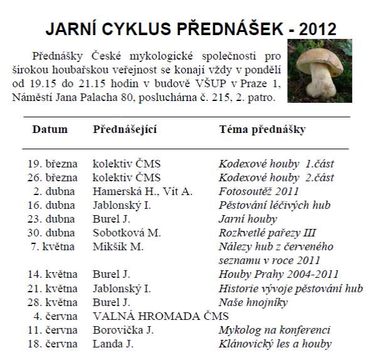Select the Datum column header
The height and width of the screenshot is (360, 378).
coord(50,129)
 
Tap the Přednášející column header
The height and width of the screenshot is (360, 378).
coord(124,129)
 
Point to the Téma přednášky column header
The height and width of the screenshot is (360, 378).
coord(262,129)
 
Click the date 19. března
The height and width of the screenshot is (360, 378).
coord(53,163)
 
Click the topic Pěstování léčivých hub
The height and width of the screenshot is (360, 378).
coord(274,204)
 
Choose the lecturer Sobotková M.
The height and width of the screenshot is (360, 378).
coord(127,232)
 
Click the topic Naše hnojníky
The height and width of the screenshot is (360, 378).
coord(253,301)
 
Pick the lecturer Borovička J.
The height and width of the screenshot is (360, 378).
coord(123,329)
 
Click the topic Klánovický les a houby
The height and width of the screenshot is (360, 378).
coord(275,343)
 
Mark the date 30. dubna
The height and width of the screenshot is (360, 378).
coord(53,232)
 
